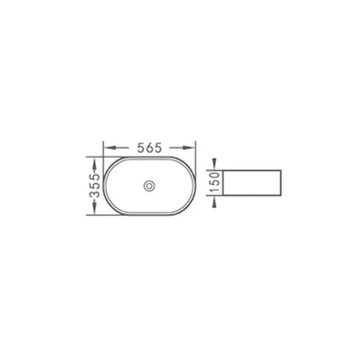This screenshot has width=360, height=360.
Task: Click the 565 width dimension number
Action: pyautogui.click(x=149, y=148)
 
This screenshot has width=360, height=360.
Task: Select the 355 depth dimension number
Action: pyautogui.click(x=95, y=186)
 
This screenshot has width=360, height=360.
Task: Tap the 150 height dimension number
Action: pyautogui.click(x=215, y=183)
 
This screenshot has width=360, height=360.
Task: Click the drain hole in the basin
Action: pyautogui.click(x=149, y=186)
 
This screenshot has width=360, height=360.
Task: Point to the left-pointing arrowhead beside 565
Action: pyautogui.click(x=109, y=148)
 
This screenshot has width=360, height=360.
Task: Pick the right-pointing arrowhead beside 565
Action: pyautogui.click(x=189, y=148)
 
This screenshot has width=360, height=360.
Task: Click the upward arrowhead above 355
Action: pyautogui.click(x=94, y=163)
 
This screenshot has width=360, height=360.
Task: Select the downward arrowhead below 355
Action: pyautogui.click(x=94, y=209)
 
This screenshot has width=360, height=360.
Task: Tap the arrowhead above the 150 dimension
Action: pyautogui.click(x=214, y=164)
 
